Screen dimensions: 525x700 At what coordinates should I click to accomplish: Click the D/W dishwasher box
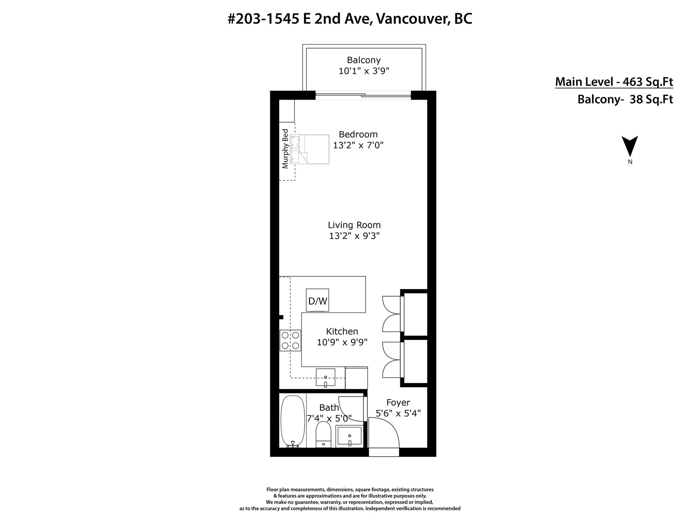click(x=317, y=300)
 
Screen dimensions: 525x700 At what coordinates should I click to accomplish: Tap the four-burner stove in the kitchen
click(x=290, y=340)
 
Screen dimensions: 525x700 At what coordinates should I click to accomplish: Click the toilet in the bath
click(x=323, y=434)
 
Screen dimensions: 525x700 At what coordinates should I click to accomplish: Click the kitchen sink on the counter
click(x=326, y=378)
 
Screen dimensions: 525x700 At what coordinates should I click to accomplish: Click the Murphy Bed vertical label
click(x=285, y=149)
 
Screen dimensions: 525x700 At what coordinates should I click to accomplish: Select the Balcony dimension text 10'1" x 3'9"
click(x=364, y=71)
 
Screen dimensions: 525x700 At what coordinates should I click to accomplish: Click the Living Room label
click(x=354, y=225)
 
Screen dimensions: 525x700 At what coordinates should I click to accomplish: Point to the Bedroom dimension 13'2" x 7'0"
click(x=358, y=145)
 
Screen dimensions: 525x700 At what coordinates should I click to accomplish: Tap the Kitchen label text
click(x=342, y=331)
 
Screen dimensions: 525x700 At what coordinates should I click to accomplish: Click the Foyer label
click(x=398, y=402)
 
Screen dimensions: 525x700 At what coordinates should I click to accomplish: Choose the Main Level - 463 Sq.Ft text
click(x=614, y=82)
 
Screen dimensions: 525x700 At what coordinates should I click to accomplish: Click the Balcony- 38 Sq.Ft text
click(x=625, y=100)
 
